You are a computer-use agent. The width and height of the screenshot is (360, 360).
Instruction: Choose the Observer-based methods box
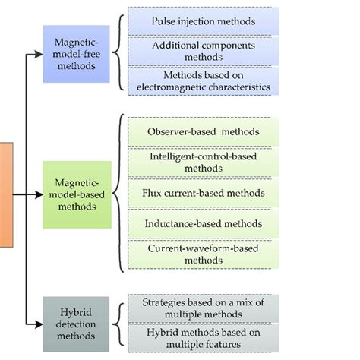click(x=204, y=131)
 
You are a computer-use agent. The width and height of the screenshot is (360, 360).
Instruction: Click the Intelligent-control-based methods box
click(x=204, y=162)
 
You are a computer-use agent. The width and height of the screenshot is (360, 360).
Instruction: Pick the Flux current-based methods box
click(x=204, y=193)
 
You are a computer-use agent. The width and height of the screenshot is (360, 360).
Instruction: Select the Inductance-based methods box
click(x=204, y=223)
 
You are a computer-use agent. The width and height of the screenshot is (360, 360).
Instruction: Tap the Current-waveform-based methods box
click(x=204, y=253)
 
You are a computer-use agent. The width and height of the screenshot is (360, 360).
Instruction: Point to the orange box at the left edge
click(x=6, y=194)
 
